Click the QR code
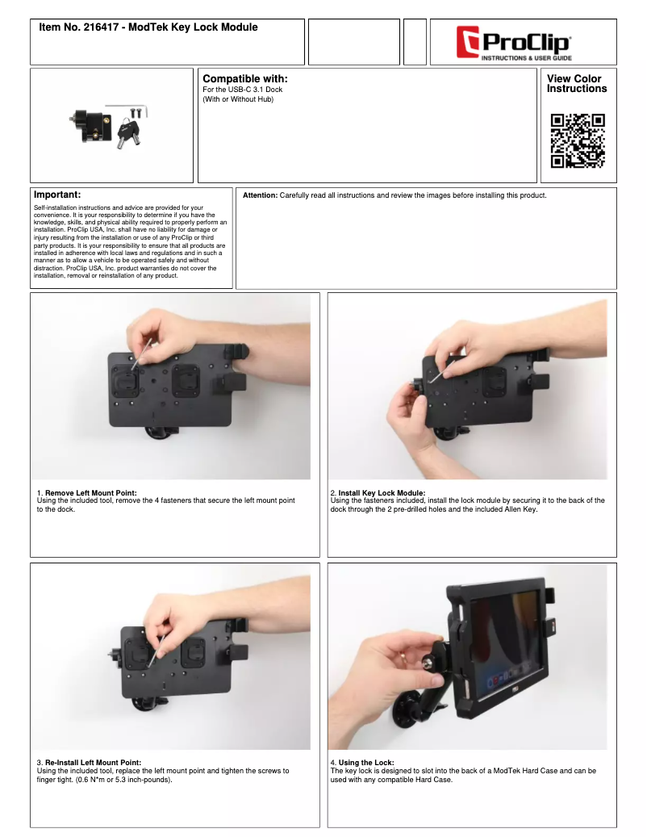(578, 141)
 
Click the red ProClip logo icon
(468, 42)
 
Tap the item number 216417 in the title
(101, 27)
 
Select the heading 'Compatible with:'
(244, 79)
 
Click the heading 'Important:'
(57, 195)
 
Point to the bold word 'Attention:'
(261, 195)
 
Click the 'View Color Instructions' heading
(577, 84)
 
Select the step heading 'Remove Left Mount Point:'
(90, 492)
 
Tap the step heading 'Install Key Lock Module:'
(382, 492)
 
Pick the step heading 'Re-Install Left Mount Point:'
(94, 762)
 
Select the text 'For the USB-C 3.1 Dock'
(243, 90)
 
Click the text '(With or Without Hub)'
(238, 99)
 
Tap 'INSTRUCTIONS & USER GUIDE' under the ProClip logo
(527, 57)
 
